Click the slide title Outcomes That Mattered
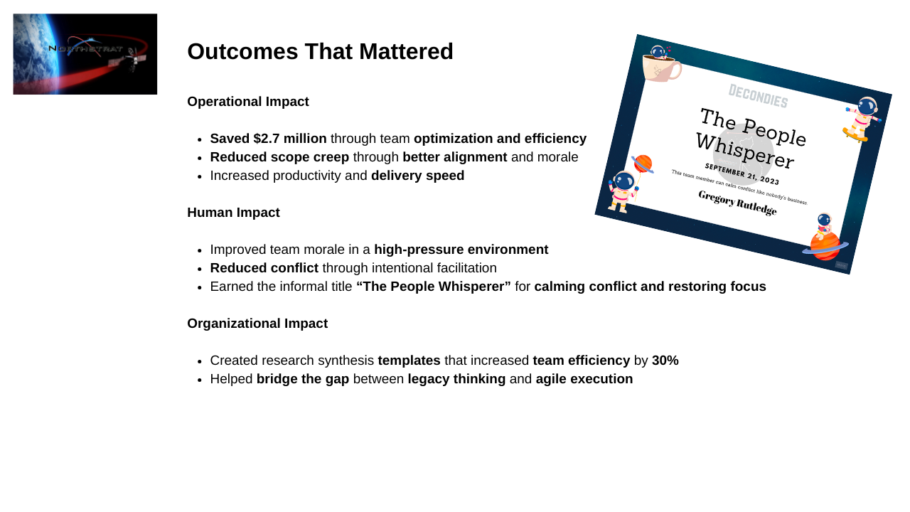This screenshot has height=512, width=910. (x=320, y=52)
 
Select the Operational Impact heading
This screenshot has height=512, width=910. (x=248, y=102)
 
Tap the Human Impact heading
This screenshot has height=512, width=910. (x=233, y=213)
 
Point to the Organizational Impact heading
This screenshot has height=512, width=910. (x=257, y=324)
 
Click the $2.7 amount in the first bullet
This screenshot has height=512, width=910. (x=267, y=139)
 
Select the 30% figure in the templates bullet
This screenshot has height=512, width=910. (x=665, y=361)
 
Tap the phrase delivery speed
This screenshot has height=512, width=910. (x=417, y=176)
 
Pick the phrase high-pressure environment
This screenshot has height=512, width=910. (x=461, y=250)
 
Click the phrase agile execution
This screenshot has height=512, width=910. (x=584, y=379)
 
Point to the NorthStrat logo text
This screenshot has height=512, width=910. (x=85, y=49)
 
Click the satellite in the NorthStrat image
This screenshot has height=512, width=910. (x=129, y=61)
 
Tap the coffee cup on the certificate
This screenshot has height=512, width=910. (x=661, y=67)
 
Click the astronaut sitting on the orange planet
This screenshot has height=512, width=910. (x=824, y=226)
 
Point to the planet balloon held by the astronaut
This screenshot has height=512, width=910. (x=643, y=164)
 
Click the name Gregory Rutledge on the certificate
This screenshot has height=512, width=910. (x=737, y=203)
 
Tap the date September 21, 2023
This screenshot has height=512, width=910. (x=742, y=174)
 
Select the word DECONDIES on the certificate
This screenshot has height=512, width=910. (x=758, y=96)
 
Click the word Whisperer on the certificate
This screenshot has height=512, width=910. (x=744, y=150)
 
